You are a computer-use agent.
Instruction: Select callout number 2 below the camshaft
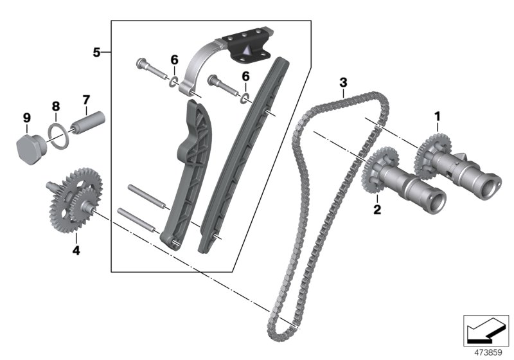pos(377,209)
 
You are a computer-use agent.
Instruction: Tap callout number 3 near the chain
pos(343,82)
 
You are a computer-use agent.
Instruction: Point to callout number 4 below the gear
pos(76,250)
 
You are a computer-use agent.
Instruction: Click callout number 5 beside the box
pos(97,52)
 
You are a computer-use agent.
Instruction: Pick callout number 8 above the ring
pos(56,105)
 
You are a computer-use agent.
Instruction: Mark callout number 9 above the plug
pos(27,117)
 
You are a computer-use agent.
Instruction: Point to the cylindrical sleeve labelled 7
pos(87,124)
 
